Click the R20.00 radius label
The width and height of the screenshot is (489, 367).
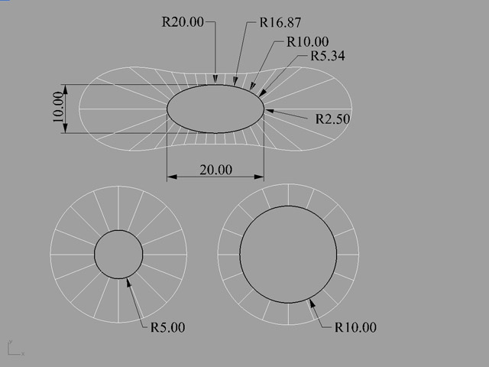click(183, 22)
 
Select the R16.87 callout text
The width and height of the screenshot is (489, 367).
click(280, 22)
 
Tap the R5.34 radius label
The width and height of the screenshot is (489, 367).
click(328, 56)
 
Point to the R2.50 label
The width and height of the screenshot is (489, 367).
click(332, 119)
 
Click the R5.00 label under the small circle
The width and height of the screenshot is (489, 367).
click(168, 327)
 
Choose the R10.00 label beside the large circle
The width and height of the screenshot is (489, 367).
click(355, 327)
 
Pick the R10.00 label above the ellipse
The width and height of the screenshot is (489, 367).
click(308, 42)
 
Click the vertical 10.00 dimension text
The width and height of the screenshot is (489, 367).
click(58, 107)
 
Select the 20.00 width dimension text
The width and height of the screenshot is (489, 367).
click(215, 170)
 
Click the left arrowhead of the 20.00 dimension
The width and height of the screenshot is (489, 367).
click(172, 177)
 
